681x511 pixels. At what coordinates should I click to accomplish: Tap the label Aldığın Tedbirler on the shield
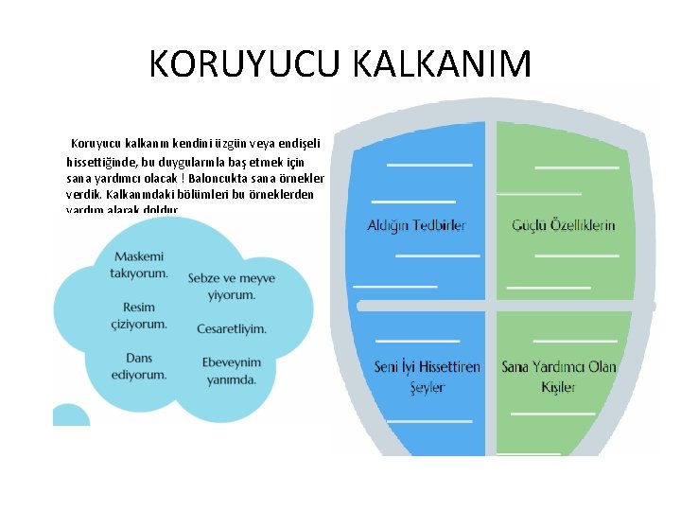tap(416, 225)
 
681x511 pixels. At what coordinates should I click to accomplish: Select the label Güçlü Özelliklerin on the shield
tap(564, 225)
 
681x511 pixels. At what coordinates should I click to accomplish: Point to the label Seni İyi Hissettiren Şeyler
tap(427, 377)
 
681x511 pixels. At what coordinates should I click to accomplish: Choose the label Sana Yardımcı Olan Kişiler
tap(559, 377)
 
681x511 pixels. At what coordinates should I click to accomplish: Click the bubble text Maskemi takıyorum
tap(139, 264)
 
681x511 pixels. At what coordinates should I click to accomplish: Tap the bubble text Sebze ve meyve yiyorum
tap(219, 286)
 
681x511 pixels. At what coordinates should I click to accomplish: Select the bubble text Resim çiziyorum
tap(139, 315)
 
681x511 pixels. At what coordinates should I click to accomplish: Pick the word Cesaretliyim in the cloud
tap(232, 328)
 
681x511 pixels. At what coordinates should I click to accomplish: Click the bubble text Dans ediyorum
tap(139, 365)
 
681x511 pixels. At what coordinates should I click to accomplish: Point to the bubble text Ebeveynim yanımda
tap(232, 370)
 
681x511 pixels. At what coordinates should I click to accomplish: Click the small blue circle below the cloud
tap(70, 416)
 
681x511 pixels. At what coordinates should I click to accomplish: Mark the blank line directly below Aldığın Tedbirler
tap(437, 255)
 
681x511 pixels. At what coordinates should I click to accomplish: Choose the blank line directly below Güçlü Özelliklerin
tap(576, 255)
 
